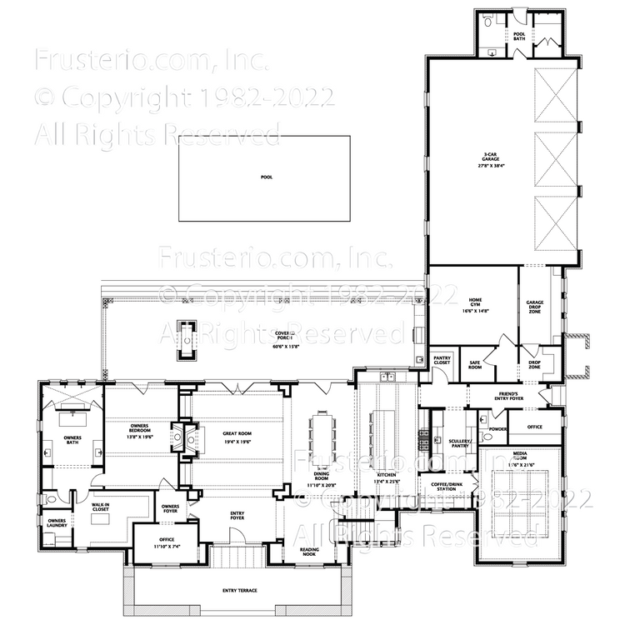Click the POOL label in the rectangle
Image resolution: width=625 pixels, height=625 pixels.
coord(266,177)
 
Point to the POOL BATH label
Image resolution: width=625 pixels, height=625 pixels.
coord(518,36)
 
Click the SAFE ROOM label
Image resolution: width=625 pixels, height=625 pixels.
coord(475,363)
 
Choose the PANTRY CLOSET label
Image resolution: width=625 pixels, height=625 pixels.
coord(442,361)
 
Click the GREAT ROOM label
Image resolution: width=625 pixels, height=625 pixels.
coord(237,432)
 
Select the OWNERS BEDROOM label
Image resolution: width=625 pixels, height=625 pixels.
coord(140,432)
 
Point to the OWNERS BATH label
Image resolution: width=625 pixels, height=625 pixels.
coord(72,440)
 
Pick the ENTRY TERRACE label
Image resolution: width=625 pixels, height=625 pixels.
coord(239,591)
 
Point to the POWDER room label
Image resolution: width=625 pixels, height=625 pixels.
coord(497,429)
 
